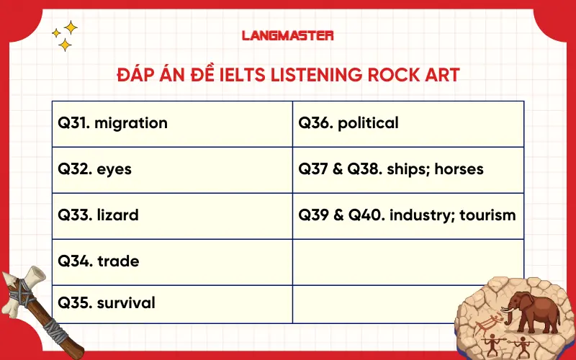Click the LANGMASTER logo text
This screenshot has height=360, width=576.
[x=287, y=35]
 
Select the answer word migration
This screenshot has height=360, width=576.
[x=131, y=123]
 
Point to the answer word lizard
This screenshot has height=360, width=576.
[x=117, y=215]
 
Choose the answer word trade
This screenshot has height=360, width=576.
[x=118, y=261]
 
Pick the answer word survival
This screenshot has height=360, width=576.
[x=126, y=302]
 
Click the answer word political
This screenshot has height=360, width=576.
[x=368, y=123]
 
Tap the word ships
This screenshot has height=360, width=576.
[x=408, y=169]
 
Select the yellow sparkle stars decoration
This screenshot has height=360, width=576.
[x=65, y=36]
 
